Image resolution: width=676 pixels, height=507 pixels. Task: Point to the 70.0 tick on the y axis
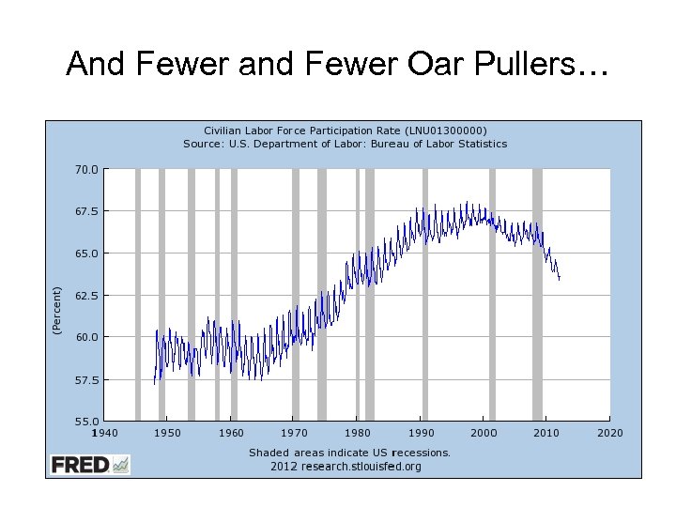tap(86, 170)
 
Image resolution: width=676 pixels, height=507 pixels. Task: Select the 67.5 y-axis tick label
tap(86, 211)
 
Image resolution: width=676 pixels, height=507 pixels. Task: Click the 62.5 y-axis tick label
tap(86, 296)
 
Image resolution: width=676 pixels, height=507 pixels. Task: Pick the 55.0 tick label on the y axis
tap(86, 422)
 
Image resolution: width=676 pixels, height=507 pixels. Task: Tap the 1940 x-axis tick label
tap(104, 433)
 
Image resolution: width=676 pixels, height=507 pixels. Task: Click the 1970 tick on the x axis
tap(294, 433)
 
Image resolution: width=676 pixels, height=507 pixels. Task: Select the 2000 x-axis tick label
tap(484, 433)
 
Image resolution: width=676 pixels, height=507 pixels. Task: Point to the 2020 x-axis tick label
tap(610, 433)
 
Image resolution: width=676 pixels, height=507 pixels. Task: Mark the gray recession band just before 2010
tap(537, 295)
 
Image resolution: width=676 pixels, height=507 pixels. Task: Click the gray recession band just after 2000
tap(492, 295)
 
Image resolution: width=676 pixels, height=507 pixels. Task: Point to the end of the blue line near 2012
tap(560, 279)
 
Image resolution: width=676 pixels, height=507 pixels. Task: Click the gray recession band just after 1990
tap(424, 295)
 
